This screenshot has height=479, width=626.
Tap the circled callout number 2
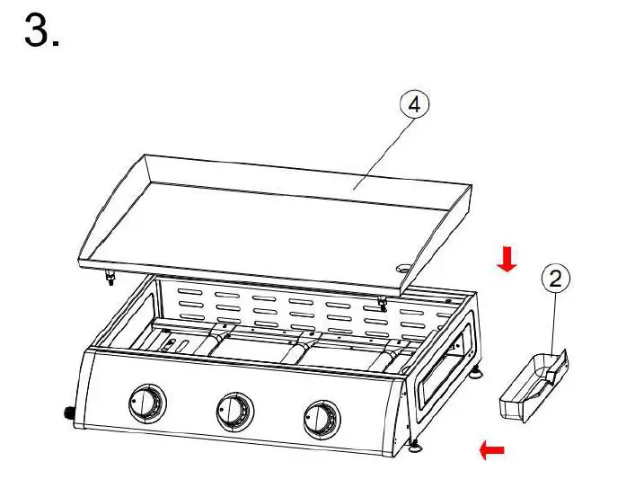[x=556, y=279]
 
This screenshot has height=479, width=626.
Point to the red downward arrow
[x=507, y=261]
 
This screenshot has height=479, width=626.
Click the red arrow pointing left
[x=491, y=449]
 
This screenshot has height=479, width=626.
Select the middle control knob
[x=234, y=412]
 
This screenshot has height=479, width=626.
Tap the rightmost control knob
[x=321, y=419]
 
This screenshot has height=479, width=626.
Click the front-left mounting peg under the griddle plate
[x=110, y=278]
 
